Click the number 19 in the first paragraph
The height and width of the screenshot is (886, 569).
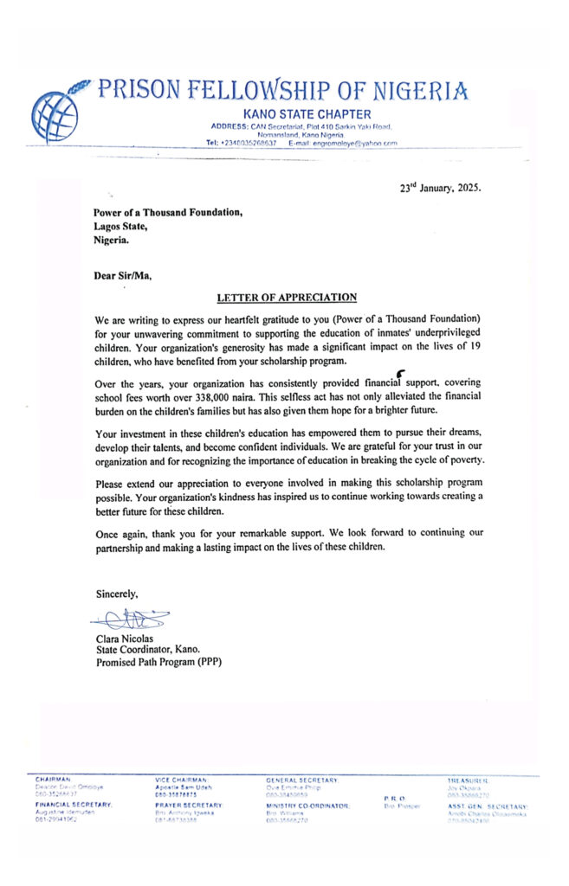(x=467, y=347)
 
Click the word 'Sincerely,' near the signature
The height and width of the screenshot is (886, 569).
(x=117, y=593)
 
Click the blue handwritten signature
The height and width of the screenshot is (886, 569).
(x=130, y=619)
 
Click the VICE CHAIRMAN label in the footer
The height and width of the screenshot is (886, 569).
(x=178, y=780)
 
